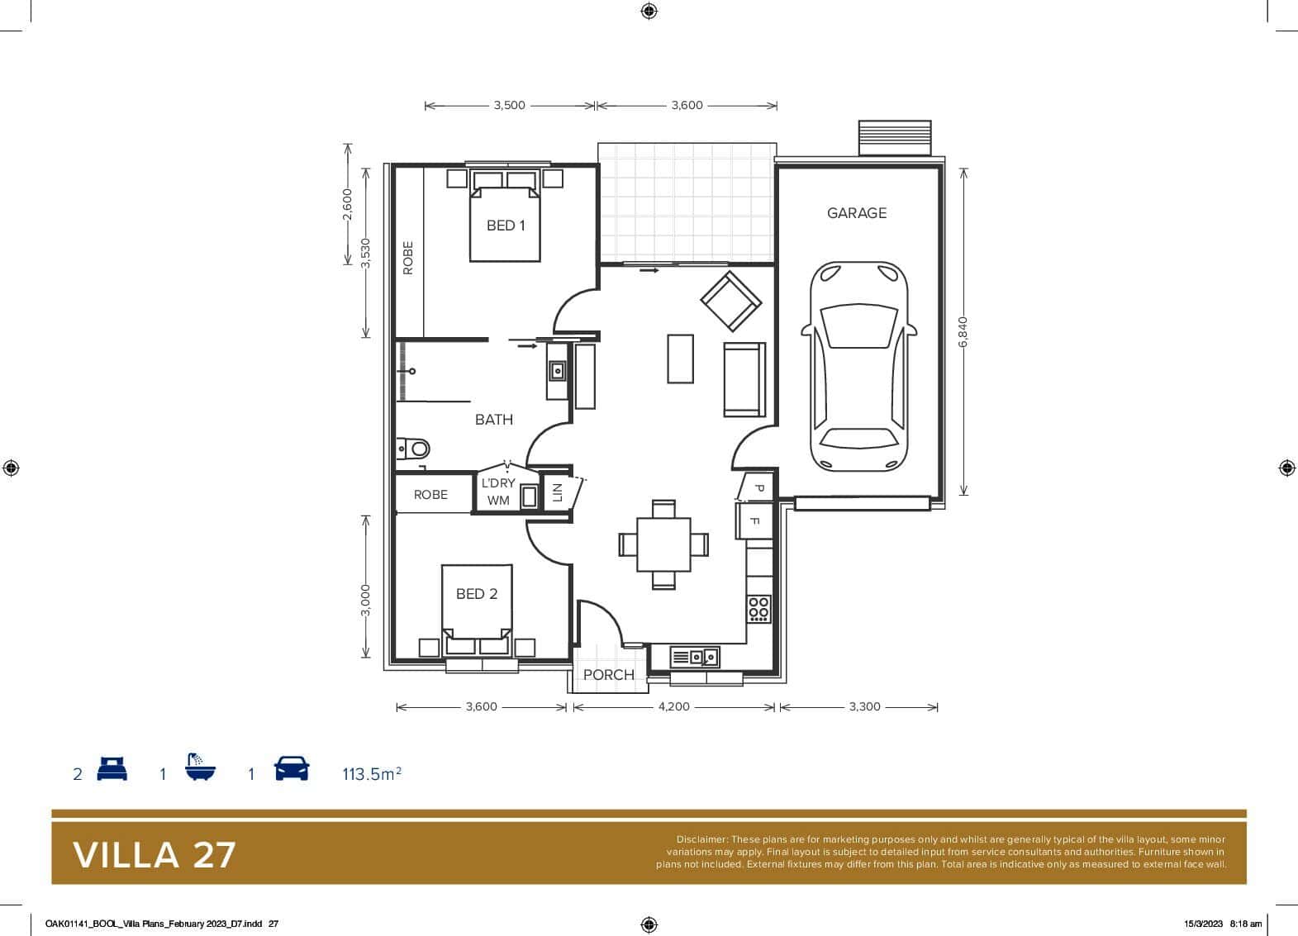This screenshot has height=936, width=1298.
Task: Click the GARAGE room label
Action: (x=856, y=213)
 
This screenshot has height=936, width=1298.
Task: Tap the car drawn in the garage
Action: (x=858, y=367)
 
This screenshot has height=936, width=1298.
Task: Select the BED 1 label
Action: (x=506, y=226)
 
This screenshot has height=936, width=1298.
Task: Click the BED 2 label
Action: (x=477, y=594)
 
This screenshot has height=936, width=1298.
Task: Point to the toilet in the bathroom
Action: (x=415, y=449)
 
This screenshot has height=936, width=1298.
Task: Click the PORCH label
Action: (x=609, y=675)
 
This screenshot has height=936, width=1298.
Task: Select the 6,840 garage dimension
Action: (x=963, y=331)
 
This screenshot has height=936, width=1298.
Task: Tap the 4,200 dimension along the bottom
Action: (x=673, y=707)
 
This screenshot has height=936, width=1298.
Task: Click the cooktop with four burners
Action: (x=759, y=609)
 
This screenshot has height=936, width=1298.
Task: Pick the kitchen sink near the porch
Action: (x=695, y=658)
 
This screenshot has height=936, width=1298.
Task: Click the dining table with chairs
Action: (x=663, y=544)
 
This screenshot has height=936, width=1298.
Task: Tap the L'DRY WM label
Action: (x=498, y=492)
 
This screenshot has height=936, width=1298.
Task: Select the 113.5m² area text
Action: (x=372, y=774)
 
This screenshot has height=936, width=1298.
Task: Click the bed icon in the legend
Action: (x=112, y=769)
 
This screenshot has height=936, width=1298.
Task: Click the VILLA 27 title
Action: (x=155, y=855)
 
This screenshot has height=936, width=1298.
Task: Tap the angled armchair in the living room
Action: (x=730, y=302)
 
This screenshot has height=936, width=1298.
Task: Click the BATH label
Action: (x=493, y=420)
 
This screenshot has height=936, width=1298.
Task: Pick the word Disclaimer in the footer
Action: (x=701, y=839)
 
